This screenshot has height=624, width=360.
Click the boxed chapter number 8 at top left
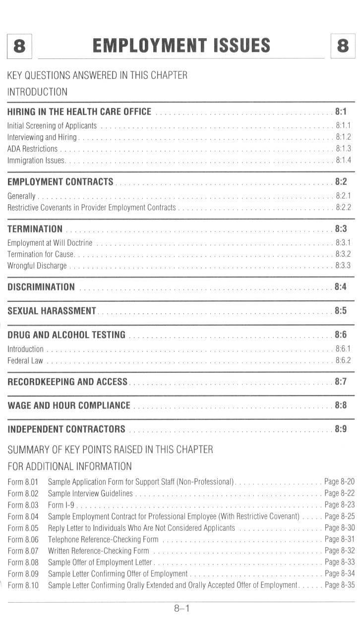(19, 46)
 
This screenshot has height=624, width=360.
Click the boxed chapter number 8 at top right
(343, 46)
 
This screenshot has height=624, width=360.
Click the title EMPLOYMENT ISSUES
(181, 46)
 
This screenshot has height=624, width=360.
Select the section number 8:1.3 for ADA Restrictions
(343, 149)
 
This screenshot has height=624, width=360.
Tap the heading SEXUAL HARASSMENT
(52, 311)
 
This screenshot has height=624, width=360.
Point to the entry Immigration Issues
(36, 160)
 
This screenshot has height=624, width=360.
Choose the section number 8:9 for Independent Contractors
(341, 429)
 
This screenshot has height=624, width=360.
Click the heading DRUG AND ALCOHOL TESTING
(66, 334)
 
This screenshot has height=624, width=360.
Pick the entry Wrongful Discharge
(37, 266)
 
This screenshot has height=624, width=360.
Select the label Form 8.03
(23, 505)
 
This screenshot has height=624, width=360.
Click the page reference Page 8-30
(340, 528)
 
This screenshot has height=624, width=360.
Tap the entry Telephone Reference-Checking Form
(103, 539)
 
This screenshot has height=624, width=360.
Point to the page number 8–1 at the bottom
(181, 608)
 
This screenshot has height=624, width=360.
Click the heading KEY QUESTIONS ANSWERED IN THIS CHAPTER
(97, 75)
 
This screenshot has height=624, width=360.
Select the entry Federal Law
(25, 360)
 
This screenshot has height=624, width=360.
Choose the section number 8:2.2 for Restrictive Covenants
(343, 207)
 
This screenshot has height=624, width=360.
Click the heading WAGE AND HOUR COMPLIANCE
(69, 405)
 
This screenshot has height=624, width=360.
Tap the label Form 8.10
(23, 585)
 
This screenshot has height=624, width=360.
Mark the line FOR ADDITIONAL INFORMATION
(69, 466)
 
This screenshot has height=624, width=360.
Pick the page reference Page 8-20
(339, 482)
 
